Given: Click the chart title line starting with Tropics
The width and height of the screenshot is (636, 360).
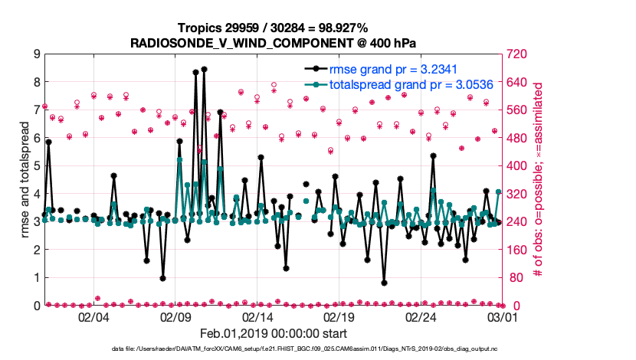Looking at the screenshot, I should tap(274, 28).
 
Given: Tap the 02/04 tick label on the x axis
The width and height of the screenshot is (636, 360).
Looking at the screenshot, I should tap(94, 316).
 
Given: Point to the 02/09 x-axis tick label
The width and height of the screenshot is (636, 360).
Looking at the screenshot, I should tap(175, 316).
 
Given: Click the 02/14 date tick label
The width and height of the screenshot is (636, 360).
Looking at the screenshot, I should tap(257, 316).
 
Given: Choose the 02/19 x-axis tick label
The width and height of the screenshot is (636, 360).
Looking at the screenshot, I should tap(339, 316).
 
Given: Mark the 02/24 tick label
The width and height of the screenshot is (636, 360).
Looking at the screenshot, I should tap(421, 316).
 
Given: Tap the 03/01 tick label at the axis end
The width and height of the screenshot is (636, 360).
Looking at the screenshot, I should tap(502, 316).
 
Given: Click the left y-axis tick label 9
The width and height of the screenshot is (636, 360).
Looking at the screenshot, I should tap(36, 54).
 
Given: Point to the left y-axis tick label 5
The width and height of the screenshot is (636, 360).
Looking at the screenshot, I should tap(36, 166).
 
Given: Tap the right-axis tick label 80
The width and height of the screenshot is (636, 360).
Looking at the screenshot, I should tap(513, 278).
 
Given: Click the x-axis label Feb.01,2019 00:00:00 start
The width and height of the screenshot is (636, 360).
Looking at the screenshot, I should tap(274, 334).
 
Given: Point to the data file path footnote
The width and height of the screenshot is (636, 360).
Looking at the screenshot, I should tap(274, 349).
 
